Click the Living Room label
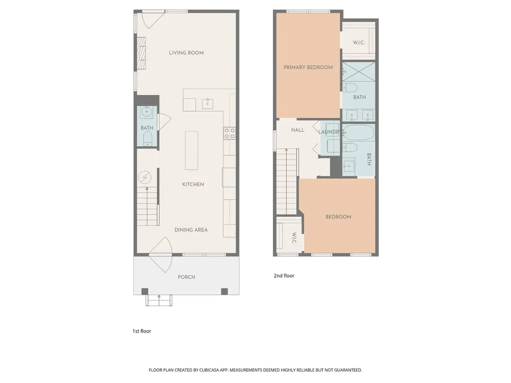[187, 53]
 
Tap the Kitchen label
[193, 185]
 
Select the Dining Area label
[191, 230]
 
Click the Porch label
[187, 277]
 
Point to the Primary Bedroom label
[308, 67]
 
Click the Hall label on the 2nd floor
[297, 130]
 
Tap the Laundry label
[329, 132]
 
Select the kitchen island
[192, 151]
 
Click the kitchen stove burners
[230, 133]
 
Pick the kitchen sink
[208, 104]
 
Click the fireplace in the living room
[141, 53]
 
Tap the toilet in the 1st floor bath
[148, 139]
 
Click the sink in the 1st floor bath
[147, 112]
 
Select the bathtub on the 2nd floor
[358, 133]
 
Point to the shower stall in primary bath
[358, 72]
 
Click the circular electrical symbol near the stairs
[145, 178]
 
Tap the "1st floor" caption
[142, 331]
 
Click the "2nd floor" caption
[284, 276]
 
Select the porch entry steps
[159, 301]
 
